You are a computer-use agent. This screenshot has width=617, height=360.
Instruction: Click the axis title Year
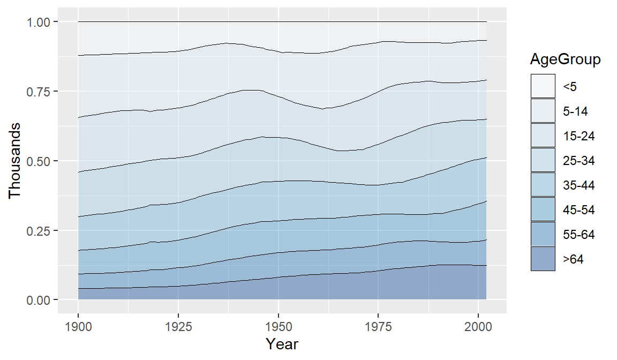coord(282,344)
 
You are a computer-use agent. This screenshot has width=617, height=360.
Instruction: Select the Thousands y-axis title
coord(15,161)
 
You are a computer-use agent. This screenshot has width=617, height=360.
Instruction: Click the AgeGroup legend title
coord(565,59)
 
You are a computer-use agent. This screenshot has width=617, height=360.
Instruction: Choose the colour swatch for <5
coord(543,86)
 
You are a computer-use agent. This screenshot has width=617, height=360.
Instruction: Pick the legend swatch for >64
coord(543,259)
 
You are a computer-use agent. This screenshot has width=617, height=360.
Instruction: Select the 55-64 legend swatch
coord(543,234)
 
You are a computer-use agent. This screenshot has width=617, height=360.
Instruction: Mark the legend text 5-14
coord(575,111)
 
